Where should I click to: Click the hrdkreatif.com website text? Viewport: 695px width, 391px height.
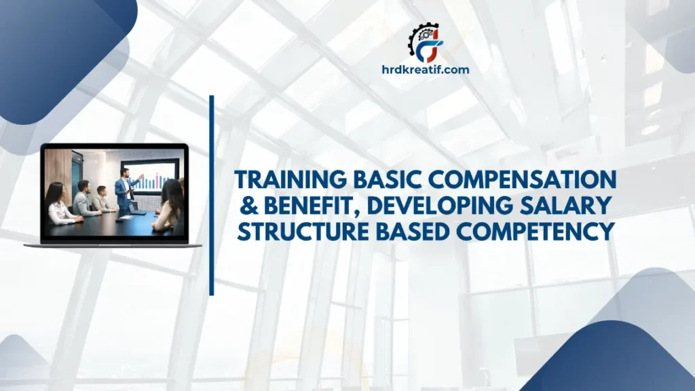pyautogui.click(x=424, y=69)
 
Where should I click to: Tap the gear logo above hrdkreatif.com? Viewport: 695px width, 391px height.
pyautogui.click(x=424, y=42)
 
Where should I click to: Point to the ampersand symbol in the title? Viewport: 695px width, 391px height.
pyautogui.click(x=244, y=206)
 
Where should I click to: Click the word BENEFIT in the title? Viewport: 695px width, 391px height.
pyautogui.click(x=302, y=206)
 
